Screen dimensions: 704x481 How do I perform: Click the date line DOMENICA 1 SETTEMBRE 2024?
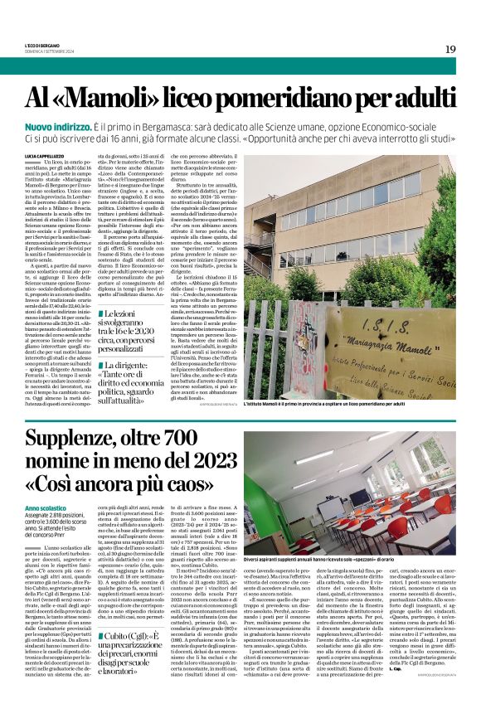[50, 51]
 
